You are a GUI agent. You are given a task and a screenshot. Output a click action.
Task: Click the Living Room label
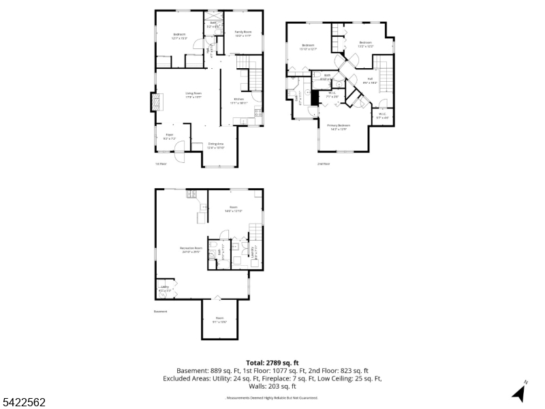click(x=193, y=95)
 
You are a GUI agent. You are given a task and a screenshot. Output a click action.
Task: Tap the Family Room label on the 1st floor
click(x=243, y=33)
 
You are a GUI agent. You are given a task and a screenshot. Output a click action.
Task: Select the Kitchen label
click(x=239, y=101)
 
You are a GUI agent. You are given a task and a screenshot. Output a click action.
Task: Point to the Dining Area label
click(x=216, y=145)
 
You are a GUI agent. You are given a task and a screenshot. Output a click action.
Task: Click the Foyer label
click(x=169, y=136)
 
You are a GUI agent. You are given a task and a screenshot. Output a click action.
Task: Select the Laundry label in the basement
click(x=254, y=253)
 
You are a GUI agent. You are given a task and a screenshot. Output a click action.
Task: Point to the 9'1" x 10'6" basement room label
click(x=219, y=319)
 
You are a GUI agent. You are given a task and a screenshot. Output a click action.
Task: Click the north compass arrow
click(x=519, y=392)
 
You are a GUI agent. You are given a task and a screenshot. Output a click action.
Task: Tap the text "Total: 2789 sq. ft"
click(x=272, y=363)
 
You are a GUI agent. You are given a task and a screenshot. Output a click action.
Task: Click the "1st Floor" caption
click(x=161, y=164)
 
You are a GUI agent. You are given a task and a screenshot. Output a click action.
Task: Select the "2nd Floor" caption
click(x=324, y=164)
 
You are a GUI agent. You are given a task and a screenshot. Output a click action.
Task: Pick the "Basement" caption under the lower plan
click(x=161, y=312)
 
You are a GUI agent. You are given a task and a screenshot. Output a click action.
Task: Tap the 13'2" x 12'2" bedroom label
click(x=366, y=44)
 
